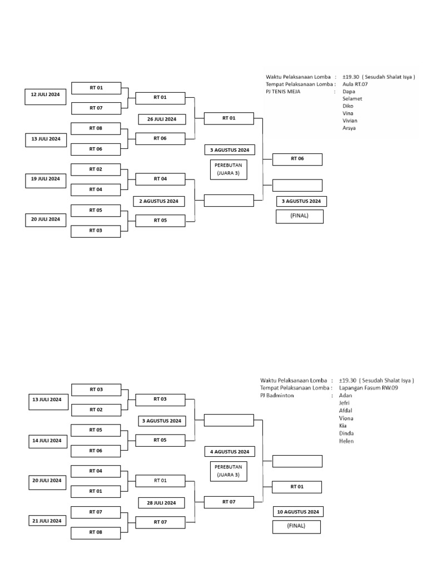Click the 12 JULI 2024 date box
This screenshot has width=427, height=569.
pyautogui.click(x=46, y=95)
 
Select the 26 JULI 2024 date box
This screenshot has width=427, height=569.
pyautogui.click(x=162, y=119)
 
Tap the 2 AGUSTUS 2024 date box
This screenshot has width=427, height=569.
pyautogui.click(x=159, y=201)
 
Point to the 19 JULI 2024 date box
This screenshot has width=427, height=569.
pyautogui.click(x=46, y=179)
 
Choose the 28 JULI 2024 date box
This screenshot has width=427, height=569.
pyautogui.click(x=162, y=503)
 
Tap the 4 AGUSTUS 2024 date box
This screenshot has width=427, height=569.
pyautogui.click(x=230, y=451)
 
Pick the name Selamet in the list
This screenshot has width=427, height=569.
pyautogui.click(x=352, y=99)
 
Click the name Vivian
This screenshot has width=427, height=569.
pyautogui.click(x=351, y=121)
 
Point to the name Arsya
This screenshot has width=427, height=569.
pyautogui.click(x=349, y=128)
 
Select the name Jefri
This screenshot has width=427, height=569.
pyautogui.click(x=345, y=403)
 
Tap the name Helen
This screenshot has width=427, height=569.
pyautogui.click(x=346, y=441)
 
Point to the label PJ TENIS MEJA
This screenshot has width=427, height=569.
pyautogui.click(x=283, y=91)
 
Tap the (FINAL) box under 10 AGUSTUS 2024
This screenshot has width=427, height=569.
pyautogui.click(x=296, y=526)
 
